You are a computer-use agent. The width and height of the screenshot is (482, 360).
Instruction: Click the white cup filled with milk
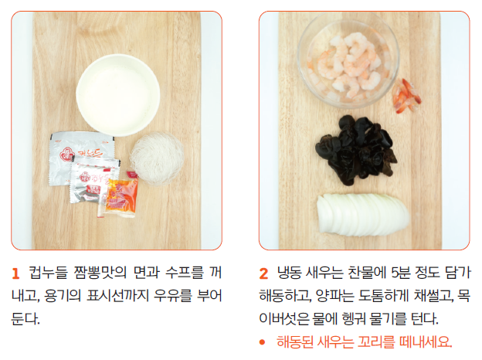tap(118, 95)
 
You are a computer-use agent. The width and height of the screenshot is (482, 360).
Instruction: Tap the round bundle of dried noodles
tap(157, 158)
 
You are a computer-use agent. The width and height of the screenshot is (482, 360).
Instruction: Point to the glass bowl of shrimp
tap(348, 61)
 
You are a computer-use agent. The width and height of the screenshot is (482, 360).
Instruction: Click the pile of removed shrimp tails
tap(406, 96)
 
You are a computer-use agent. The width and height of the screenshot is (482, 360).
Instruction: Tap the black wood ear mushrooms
tap(357, 150)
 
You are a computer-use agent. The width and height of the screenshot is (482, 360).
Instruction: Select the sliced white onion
tap(363, 214)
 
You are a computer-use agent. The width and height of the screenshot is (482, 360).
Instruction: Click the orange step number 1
tap(15, 273)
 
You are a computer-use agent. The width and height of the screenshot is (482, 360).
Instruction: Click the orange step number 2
tap(263, 273)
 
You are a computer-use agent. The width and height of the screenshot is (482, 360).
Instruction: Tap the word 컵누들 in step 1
tap(48, 273)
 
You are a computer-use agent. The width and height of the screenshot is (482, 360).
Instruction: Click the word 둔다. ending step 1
tap(25, 318)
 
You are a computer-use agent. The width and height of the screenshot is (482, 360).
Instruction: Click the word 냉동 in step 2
tap(289, 273)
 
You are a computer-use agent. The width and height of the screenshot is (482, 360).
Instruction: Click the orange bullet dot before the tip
tap(262, 342)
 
